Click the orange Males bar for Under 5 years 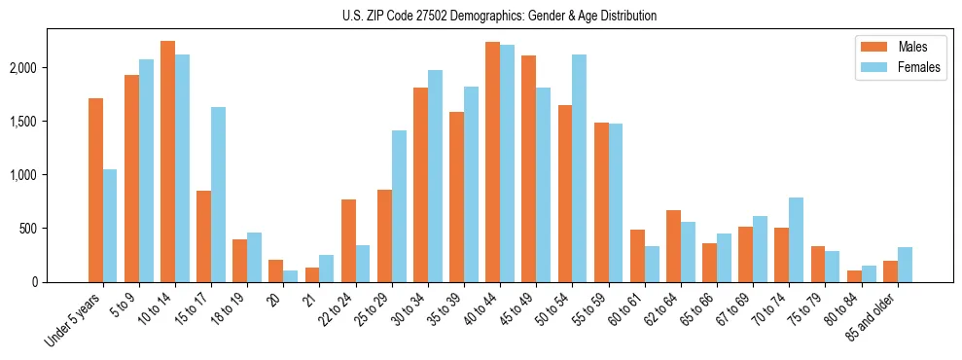tap(95, 190)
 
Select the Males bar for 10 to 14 tap(167, 162)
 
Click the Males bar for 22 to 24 tap(348, 240)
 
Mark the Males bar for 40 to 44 tap(493, 162)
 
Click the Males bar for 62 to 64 tap(673, 246)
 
